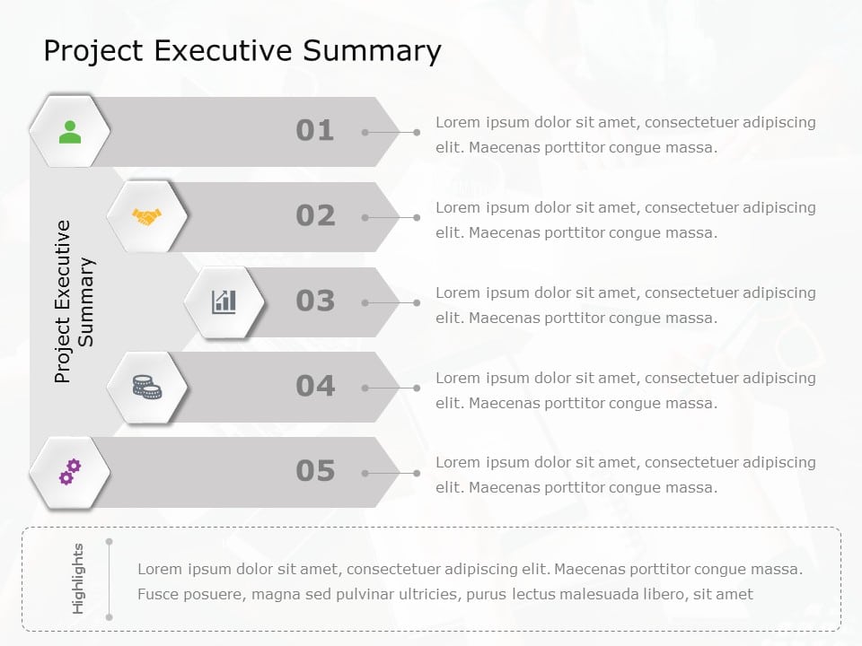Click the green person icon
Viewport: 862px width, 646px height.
(x=69, y=132)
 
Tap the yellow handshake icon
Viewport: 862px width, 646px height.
(x=146, y=216)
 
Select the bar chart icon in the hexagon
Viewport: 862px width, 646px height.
(x=224, y=301)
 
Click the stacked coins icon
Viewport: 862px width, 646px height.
(x=146, y=387)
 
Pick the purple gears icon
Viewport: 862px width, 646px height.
(x=69, y=471)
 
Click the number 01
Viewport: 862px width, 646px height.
(x=314, y=131)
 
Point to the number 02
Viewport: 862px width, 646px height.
(x=314, y=216)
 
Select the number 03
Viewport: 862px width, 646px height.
(x=314, y=301)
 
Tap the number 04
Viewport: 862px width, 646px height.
(x=314, y=387)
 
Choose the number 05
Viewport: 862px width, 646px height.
(x=314, y=471)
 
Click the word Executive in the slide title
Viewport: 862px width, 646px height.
(x=224, y=51)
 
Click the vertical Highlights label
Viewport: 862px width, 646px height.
(x=78, y=579)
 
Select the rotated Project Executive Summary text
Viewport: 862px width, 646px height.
(x=75, y=301)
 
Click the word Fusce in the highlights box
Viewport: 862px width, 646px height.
(x=158, y=594)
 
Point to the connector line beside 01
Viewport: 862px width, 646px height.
(x=391, y=132)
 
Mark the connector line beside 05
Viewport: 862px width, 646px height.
(x=391, y=473)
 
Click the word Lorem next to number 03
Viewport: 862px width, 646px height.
(x=458, y=292)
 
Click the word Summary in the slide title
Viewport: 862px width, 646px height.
(x=372, y=51)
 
